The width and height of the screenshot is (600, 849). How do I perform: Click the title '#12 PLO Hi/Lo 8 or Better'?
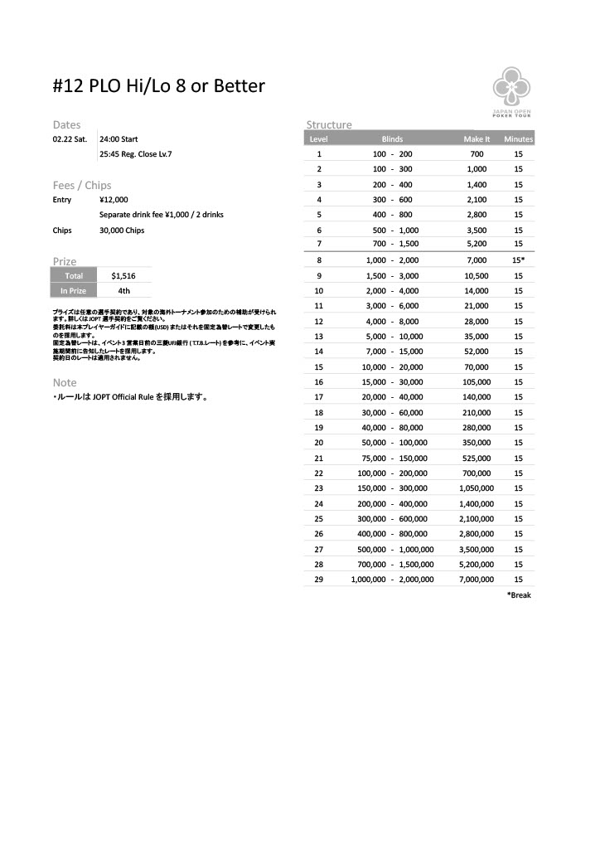click(158, 86)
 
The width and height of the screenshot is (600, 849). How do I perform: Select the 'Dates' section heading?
click(66, 124)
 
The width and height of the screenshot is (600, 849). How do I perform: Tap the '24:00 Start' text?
click(119, 139)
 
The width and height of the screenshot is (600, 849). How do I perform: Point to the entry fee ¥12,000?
click(114, 200)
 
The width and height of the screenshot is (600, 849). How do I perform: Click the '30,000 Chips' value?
click(122, 230)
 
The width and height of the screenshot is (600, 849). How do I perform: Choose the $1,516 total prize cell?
click(123, 275)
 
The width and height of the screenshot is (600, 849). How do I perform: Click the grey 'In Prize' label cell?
click(73, 291)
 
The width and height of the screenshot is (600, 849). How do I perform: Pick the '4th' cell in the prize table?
click(123, 291)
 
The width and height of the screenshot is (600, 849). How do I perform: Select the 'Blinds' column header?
click(392, 139)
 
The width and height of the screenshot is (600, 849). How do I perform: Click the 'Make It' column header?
click(477, 139)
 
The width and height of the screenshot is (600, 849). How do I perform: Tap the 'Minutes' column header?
click(518, 139)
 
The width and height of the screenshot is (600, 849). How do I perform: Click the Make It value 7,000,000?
click(477, 580)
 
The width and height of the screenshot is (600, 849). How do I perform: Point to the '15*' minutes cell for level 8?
click(518, 260)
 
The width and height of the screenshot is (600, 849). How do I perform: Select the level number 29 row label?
click(319, 580)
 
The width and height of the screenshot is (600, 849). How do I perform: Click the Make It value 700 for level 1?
click(477, 154)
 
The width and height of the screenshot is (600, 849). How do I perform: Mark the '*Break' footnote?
click(518, 595)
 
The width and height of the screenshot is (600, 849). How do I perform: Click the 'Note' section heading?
click(65, 383)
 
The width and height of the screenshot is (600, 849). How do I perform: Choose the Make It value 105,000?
click(477, 382)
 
